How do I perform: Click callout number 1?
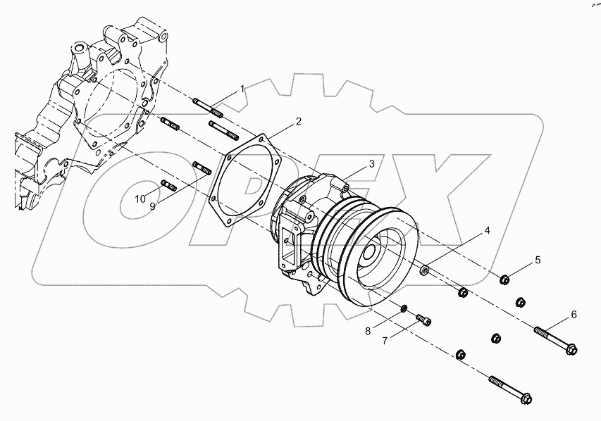click(242, 89)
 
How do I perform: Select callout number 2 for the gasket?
click(298, 121)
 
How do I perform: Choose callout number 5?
click(538, 260)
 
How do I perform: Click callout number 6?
click(574, 314)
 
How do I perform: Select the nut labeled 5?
click(505, 280)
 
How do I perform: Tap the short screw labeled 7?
click(423, 320)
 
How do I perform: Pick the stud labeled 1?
click(208, 108)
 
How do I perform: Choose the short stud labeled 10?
click(168, 185)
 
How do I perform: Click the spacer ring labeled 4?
click(425, 270)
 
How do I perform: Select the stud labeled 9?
click(202, 168)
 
